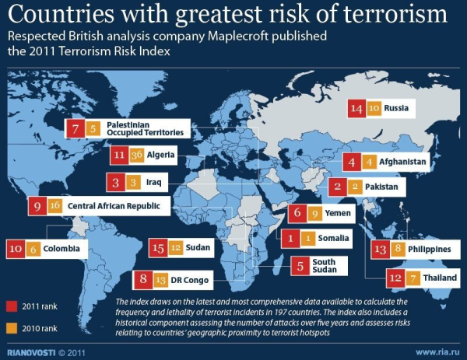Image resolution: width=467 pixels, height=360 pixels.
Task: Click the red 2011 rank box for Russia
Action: pos(356,110)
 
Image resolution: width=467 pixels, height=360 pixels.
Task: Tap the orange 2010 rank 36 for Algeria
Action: pos(137,156)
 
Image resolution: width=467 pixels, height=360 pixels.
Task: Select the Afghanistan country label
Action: pos(401,163)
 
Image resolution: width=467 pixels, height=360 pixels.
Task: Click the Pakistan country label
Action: pos(381,187)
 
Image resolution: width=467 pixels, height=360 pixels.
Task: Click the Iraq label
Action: pos(151,183)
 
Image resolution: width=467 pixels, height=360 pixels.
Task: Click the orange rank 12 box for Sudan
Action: pos(174,248)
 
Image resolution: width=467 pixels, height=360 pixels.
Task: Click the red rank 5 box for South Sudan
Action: pos(300,265)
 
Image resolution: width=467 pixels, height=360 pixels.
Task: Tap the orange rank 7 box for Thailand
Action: pos(413,277)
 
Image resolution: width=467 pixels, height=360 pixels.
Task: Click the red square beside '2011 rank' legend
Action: pos(10,305)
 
